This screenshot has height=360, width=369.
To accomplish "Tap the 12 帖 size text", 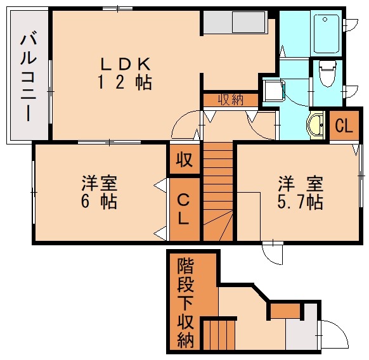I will pos(125,82).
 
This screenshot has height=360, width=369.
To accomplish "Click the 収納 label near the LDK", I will pos(230,100).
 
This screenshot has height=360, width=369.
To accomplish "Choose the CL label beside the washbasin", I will pos(343,125).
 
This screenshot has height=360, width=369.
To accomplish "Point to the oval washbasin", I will pos(315,125).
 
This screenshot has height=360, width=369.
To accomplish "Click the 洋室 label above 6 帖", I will pos(99,184).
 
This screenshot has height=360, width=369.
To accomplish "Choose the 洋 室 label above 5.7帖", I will pos(301,184).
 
